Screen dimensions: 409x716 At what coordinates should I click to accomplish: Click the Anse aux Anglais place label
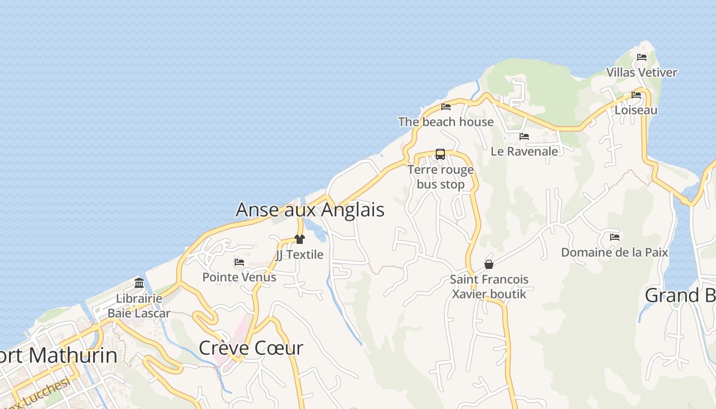(x=310, y=210)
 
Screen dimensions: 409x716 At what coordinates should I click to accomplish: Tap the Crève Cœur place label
(x=251, y=348)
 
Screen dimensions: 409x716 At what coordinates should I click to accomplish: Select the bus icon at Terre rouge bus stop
(x=440, y=154)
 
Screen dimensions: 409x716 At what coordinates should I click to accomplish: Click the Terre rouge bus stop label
(x=441, y=177)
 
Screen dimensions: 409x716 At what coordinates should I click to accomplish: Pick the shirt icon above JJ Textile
(x=300, y=239)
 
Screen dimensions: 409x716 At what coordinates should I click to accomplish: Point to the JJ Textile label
(x=300, y=255)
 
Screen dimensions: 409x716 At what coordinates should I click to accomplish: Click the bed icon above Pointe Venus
(x=239, y=262)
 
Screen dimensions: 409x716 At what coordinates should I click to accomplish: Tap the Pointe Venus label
(x=239, y=277)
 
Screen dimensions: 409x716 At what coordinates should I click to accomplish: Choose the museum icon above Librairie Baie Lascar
(x=139, y=283)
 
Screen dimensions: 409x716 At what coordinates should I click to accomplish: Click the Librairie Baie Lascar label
(x=139, y=306)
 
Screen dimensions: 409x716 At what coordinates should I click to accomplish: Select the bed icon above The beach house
(x=446, y=107)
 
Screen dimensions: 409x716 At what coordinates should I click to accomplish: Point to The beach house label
(x=446, y=122)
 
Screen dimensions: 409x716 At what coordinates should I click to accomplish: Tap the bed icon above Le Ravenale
(x=524, y=137)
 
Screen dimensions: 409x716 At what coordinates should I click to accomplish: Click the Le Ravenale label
(x=524, y=151)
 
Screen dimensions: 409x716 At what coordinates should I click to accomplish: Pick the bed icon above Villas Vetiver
(x=642, y=57)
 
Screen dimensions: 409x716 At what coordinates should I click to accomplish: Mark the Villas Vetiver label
(x=642, y=73)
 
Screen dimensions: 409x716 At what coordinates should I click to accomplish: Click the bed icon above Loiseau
(x=636, y=95)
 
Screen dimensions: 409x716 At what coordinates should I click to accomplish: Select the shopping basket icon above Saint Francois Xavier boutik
(x=489, y=264)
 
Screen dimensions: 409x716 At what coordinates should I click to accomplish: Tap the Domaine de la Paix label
(x=615, y=253)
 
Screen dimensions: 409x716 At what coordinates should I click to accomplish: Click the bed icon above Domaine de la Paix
(x=615, y=237)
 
